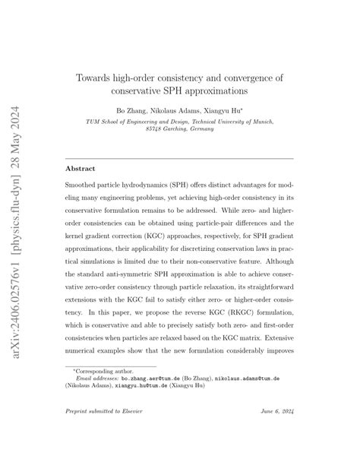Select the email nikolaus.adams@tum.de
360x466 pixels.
[x=245, y=399]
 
